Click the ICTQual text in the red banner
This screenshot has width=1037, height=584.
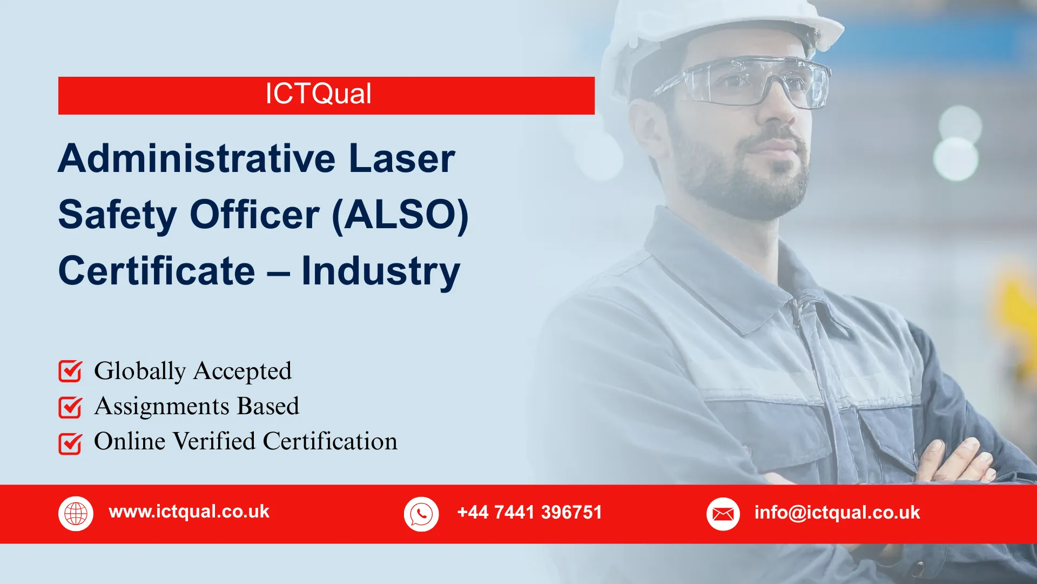(318, 94)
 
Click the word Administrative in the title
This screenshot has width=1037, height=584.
(197, 158)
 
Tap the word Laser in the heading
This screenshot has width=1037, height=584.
(402, 158)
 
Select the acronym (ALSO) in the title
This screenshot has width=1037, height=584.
(400, 215)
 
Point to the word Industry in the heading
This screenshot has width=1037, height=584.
(380, 271)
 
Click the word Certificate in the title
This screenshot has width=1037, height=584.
(157, 271)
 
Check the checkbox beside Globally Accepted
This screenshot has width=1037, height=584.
(70, 371)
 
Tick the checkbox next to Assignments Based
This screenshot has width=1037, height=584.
(70, 407)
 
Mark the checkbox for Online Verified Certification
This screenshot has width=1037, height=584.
(70, 443)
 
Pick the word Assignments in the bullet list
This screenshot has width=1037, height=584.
(161, 407)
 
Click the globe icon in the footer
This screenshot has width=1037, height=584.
(76, 513)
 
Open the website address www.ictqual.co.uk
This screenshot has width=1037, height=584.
(189, 512)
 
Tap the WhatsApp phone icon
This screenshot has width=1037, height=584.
(421, 514)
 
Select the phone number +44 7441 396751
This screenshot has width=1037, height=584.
(529, 512)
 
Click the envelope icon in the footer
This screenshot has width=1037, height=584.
(723, 514)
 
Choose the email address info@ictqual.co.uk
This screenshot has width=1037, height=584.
(837, 512)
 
